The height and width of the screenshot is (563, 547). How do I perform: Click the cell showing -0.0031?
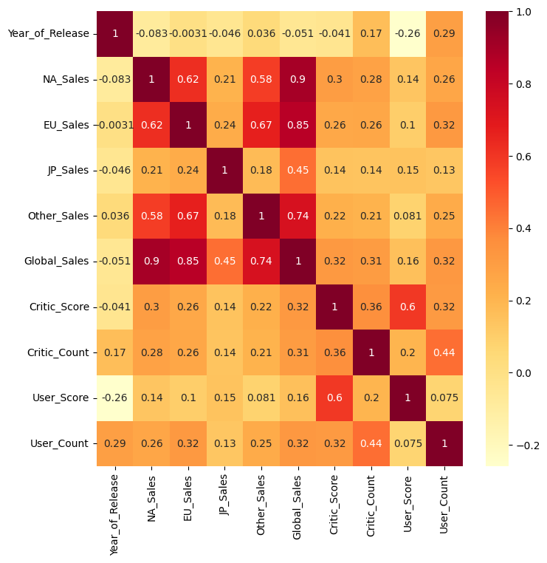[188, 34]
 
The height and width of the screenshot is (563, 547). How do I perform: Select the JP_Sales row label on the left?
[66, 171]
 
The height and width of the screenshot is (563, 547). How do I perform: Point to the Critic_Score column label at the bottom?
[334, 510]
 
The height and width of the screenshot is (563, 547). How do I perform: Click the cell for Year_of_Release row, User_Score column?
[407, 34]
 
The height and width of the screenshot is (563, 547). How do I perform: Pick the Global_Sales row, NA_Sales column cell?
[151, 262]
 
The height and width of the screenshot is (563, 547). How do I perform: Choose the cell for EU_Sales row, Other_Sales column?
[261, 125]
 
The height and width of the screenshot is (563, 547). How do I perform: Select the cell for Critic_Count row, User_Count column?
[444, 352]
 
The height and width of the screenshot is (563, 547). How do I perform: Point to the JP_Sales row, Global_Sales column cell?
[298, 171]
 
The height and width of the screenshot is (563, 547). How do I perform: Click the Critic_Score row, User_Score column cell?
[407, 307]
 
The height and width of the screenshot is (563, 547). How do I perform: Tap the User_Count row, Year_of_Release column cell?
[115, 443]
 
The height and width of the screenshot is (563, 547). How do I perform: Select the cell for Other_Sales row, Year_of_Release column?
[115, 216]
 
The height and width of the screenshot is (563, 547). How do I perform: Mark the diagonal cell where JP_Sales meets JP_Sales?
[224, 171]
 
